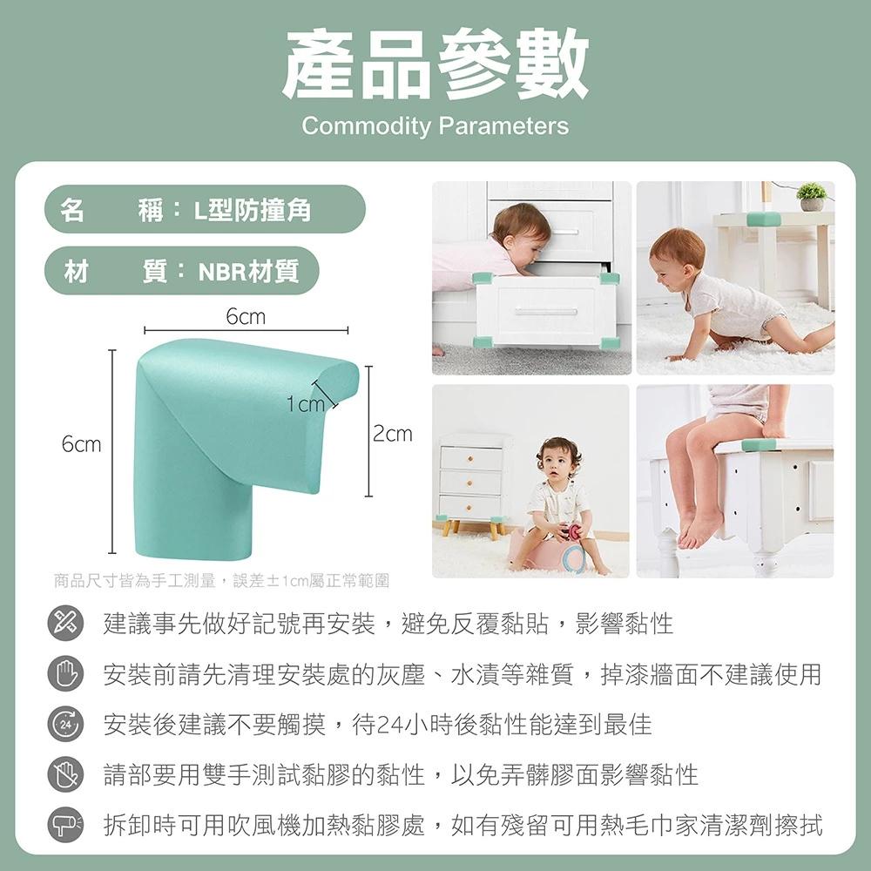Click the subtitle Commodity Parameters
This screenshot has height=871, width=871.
tap(435, 126)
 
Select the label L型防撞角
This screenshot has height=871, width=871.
tap(252, 210)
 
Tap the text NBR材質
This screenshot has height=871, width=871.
tap(248, 272)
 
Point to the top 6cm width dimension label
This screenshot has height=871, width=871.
tap(245, 317)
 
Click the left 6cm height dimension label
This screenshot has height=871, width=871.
tap(81, 444)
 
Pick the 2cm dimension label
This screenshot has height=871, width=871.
tap(393, 433)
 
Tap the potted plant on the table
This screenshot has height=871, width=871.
tap(812, 197)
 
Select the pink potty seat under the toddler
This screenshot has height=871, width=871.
tap(557, 552)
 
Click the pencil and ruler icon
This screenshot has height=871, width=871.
tap(64, 625)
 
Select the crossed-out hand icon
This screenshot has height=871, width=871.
tap(64, 774)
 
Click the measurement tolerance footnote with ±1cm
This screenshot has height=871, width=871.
tap(220, 579)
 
